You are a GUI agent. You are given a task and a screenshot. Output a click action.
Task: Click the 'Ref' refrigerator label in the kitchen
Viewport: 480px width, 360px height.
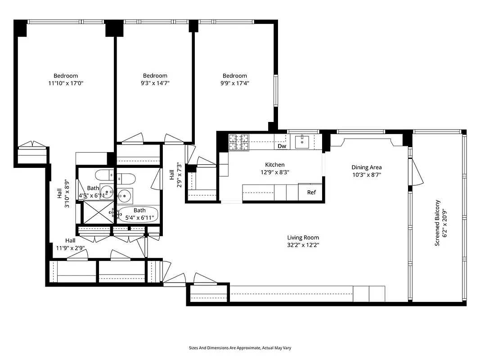[x=311, y=193]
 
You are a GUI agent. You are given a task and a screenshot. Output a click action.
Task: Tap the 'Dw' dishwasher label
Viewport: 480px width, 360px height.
[x=282, y=146]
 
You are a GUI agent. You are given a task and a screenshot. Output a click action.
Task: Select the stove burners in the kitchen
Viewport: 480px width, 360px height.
[x=239, y=143]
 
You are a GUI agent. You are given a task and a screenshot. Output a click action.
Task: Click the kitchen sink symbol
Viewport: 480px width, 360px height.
[x=302, y=141]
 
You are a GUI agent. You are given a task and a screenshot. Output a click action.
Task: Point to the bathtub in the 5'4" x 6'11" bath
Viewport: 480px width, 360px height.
[x=139, y=214]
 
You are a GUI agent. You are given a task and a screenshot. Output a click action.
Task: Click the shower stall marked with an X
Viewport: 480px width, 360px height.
[x=97, y=212]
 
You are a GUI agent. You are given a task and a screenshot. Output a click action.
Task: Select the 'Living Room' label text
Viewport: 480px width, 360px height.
[x=303, y=238]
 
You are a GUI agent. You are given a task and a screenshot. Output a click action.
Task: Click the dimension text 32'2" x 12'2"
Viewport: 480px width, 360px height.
[x=303, y=245]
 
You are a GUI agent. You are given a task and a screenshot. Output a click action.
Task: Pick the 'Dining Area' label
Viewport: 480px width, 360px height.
[x=366, y=167]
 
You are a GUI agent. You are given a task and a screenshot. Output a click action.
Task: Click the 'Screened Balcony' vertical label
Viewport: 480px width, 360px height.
[x=437, y=223]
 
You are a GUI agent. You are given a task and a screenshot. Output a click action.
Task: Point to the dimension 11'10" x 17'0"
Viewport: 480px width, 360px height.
[x=66, y=83]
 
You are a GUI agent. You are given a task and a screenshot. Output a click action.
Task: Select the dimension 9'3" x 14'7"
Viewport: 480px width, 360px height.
[x=155, y=83]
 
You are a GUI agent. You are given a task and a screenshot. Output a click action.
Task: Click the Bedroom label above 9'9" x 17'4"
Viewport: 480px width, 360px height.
[x=234, y=76]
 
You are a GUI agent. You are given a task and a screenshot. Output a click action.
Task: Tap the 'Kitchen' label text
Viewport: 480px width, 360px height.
[x=274, y=165]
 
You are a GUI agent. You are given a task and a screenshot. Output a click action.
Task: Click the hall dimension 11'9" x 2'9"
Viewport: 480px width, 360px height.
[x=70, y=248]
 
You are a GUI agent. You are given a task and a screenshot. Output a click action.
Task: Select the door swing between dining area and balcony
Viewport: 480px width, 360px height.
[x=417, y=174]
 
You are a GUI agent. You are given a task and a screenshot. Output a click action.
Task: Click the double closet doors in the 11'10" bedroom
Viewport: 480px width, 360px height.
[x=32, y=144]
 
